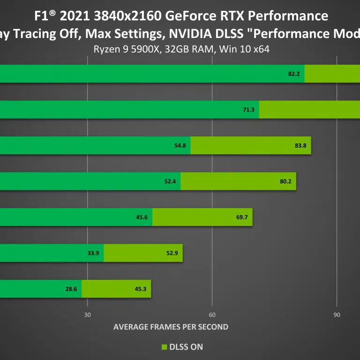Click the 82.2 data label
click(x=294, y=74)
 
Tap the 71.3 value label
click(x=248, y=110)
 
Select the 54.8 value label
click(x=180, y=145)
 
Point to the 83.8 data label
click(x=300, y=145)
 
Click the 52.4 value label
click(x=170, y=181)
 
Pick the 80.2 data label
click(x=285, y=181)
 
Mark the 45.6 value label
click(x=142, y=217)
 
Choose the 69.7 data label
click(x=242, y=217)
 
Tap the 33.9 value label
click(x=93, y=253)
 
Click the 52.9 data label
click(x=172, y=253)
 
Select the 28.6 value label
click(x=71, y=289)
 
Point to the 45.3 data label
click(x=140, y=289)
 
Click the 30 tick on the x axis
click(x=87, y=315)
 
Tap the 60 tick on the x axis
click(x=212, y=315)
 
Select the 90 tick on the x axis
click(x=337, y=315)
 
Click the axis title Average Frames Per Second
click(x=171, y=327)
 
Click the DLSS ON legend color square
click(x=164, y=347)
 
